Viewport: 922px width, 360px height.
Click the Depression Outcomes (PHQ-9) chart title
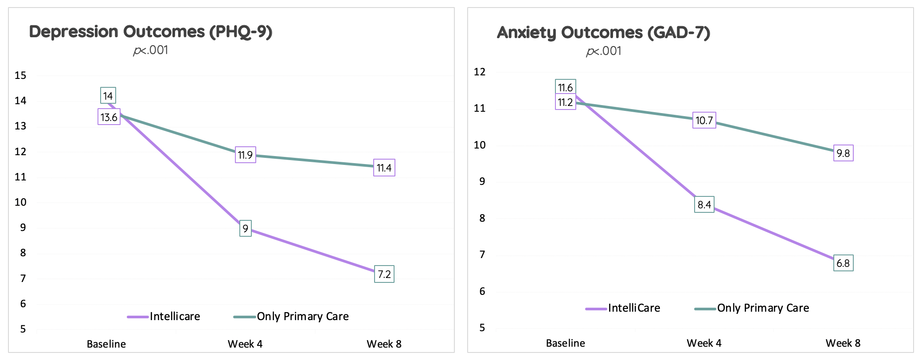pyautogui.click(x=151, y=32)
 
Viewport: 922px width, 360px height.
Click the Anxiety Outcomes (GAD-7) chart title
pyautogui.click(x=603, y=32)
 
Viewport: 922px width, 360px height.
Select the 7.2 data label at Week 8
pyautogui.click(x=384, y=274)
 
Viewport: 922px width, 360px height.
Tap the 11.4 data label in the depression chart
pyautogui.click(x=384, y=168)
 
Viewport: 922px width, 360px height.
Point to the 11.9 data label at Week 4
pyautogui.click(x=245, y=155)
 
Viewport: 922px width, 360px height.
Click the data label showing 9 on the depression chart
pyautogui.click(x=245, y=229)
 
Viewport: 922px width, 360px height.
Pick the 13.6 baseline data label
pyautogui.click(x=109, y=117)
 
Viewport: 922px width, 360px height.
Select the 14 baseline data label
pyautogui.click(x=108, y=96)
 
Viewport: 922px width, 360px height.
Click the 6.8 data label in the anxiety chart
pyautogui.click(x=843, y=263)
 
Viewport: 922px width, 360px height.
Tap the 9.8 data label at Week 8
pyautogui.click(x=843, y=153)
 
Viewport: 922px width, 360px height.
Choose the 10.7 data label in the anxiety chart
pyautogui.click(x=704, y=121)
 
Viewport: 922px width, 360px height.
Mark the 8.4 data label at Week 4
pyautogui.click(x=704, y=205)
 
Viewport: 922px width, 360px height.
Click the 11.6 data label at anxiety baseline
pyautogui.click(x=565, y=88)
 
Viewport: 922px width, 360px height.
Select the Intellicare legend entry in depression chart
pyautogui.click(x=174, y=317)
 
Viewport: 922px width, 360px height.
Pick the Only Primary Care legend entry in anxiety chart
pyautogui.click(x=762, y=308)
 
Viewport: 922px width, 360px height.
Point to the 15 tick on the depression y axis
pyautogui.click(x=20, y=75)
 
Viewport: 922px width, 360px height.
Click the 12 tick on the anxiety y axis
pyautogui.click(x=479, y=72)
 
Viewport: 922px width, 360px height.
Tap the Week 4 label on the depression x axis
pyautogui.click(x=245, y=344)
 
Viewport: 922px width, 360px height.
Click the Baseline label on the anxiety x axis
pyautogui.click(x=565, y=343)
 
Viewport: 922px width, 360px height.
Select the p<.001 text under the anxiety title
pyautogui.click(x=603, y=51)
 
